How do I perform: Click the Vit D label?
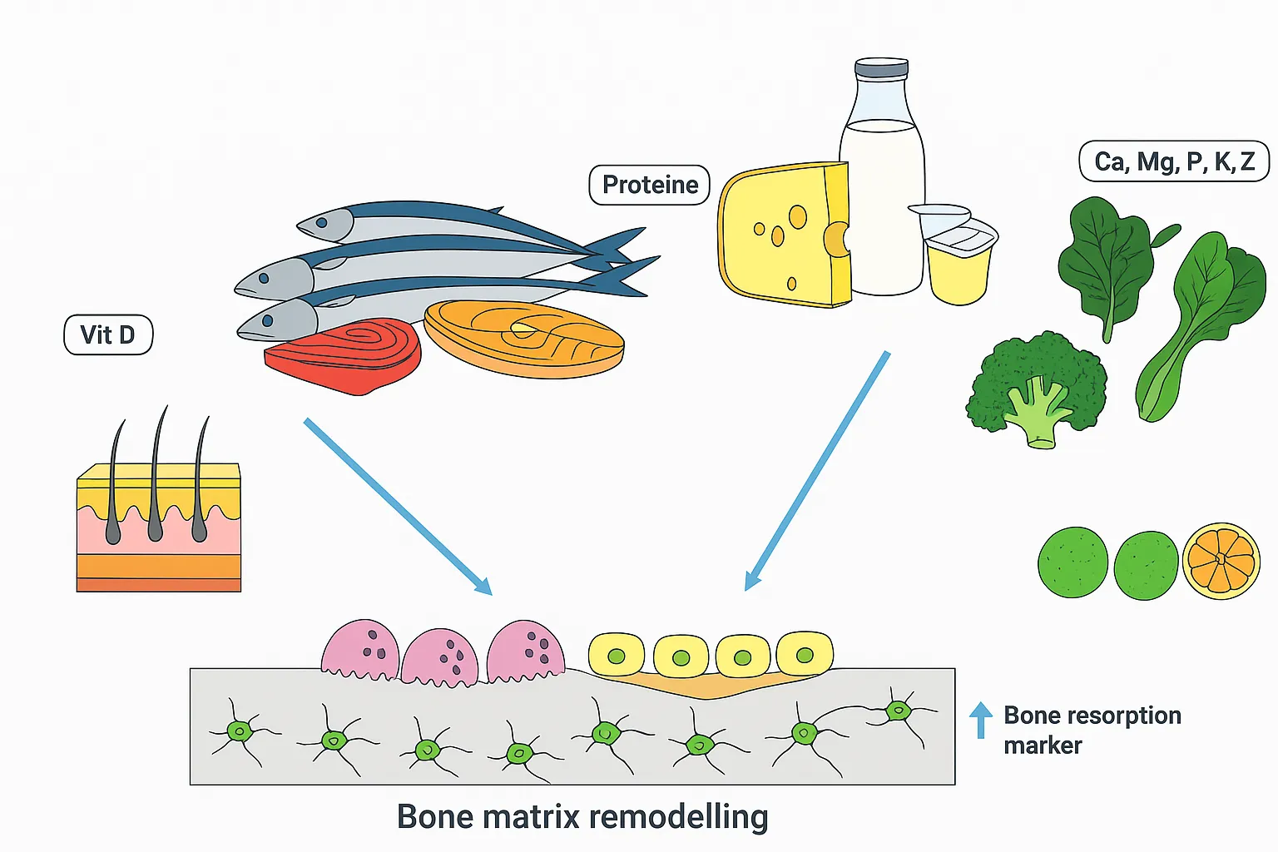tap(108, 334)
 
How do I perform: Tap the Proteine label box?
tap(649, 185)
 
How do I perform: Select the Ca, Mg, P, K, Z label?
tap(1173, 161)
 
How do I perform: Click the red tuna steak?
tap(343, 354)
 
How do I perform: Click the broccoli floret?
tap(1036, 387)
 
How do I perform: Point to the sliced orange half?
tap(1221, 561)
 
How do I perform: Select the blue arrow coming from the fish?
tap(397, 506)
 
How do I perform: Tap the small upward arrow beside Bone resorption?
tap(981, 720)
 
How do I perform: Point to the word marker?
tap(1042, 745)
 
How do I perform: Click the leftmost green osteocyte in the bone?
tap(240, 731)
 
